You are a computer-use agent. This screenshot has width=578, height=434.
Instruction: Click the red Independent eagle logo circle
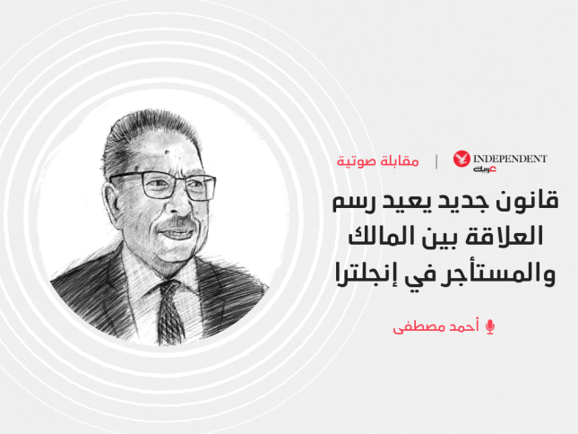(462, 159)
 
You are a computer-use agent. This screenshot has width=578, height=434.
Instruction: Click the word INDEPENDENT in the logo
(510, 159)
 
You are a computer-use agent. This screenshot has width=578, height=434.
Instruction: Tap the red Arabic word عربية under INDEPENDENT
(485, 169)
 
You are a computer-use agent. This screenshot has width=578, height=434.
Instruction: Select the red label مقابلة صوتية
(377, 161)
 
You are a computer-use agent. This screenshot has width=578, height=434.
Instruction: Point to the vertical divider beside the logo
(436, 161)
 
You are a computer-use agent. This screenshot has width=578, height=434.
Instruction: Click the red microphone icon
(489, 327)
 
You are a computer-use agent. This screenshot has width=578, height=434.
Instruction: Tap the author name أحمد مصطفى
(436, 326)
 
